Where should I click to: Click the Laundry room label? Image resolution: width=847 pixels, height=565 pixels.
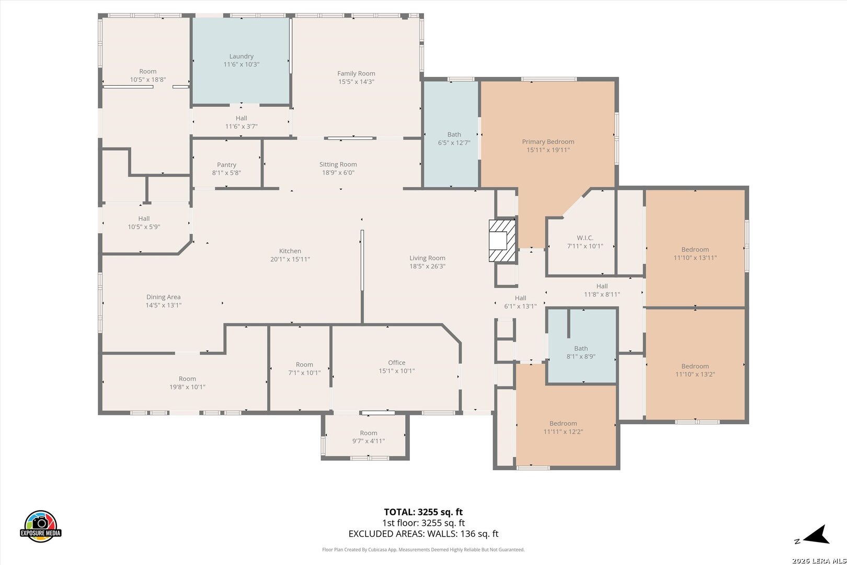click(241, 56)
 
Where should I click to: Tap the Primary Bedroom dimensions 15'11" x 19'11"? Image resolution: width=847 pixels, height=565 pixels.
click(548, 150)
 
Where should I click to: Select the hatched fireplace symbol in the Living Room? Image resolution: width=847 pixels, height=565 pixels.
click(502, 241)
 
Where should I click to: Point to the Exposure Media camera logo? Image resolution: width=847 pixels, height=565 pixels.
click(40, 526)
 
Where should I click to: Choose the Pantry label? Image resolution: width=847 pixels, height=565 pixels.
click(226, 165)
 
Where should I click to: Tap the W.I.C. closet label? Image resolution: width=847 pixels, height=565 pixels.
click(585, 238)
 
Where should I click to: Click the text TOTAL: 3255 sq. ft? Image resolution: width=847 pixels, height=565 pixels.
click(423, 512)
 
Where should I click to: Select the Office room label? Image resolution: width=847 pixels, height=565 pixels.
click(397, 363)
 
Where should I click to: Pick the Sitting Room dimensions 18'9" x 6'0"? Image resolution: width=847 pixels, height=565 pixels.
click(338, 173)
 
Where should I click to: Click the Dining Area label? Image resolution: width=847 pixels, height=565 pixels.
click(163, 297)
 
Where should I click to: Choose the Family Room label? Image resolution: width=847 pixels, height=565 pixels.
click(356, 73)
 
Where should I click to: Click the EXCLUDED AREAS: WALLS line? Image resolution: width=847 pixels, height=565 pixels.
click(423, 534)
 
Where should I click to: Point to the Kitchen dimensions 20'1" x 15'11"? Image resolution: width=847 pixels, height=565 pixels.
click(290, 259)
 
